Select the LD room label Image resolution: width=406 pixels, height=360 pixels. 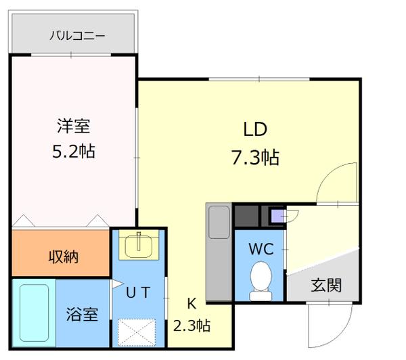pos(255,129)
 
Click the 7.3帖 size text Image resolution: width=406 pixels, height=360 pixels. pos(255,158)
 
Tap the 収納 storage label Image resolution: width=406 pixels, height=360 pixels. pos(62,256)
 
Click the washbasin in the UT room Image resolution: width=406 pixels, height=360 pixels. pos(139,244)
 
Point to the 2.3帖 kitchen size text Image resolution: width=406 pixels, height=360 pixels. pos(192,325)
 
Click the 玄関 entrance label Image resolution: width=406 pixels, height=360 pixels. pos(325,285)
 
